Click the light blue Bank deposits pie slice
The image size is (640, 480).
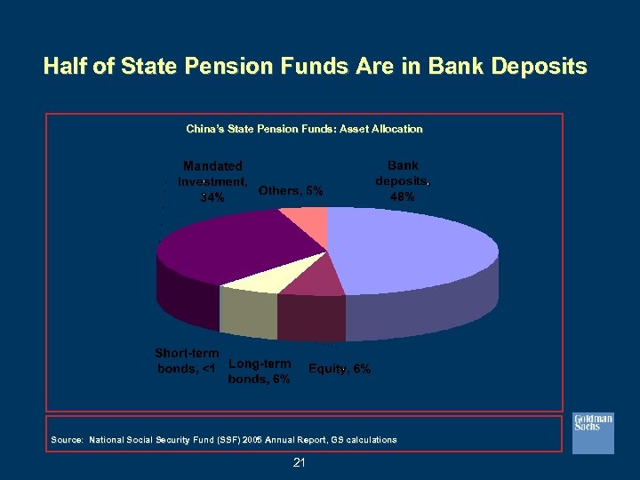[x=409, y=253]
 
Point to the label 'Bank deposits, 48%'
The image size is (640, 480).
[x=402, y=181]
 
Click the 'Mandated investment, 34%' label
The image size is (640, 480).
[x=212, y=181]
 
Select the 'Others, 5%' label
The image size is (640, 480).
[x=291, y=190]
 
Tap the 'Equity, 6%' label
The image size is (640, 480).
[x=339, y=369]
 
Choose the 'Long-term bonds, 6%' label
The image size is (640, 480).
[x=259, y=371]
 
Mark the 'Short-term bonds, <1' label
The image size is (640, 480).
[x=186, y=361]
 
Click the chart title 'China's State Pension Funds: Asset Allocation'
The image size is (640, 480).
[x=304, y=129]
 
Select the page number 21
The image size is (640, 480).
[x=299, y=462]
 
